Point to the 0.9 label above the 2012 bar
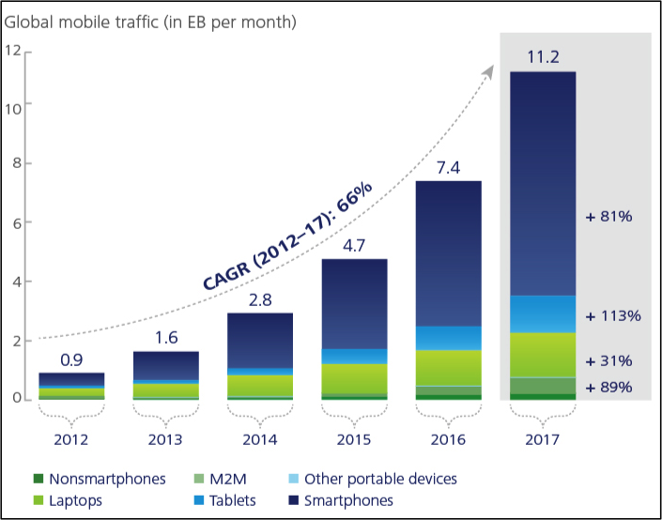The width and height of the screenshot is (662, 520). (x=71, y=359)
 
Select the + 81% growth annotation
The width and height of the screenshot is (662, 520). (x=609, y=217)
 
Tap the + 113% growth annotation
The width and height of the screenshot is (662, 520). (x=612, y=315)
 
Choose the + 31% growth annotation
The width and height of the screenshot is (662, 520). (x=609, y=360)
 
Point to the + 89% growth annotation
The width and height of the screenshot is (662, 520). (x=609, y=388)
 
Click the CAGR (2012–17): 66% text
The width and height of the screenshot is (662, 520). (x=287, y=236)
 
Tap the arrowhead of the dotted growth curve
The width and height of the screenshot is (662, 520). (x=491, y=70)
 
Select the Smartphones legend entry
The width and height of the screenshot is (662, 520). (x=346, y=500)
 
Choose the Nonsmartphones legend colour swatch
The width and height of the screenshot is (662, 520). (x=38, y=480)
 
